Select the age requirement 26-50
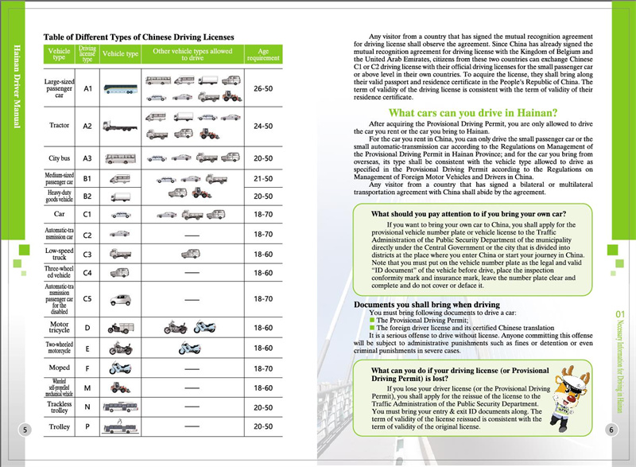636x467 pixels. coord(263,90)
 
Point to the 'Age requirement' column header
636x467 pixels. coord(263,55)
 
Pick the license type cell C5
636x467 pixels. coord(88,299)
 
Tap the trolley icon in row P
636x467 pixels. coord(121,427)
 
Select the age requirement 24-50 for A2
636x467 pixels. coord(263,126)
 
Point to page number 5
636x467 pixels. coord(25,430)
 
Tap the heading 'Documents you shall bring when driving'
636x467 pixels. coord(426,305)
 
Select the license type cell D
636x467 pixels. coord(88,327)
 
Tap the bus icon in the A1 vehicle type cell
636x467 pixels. coord(121,91)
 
